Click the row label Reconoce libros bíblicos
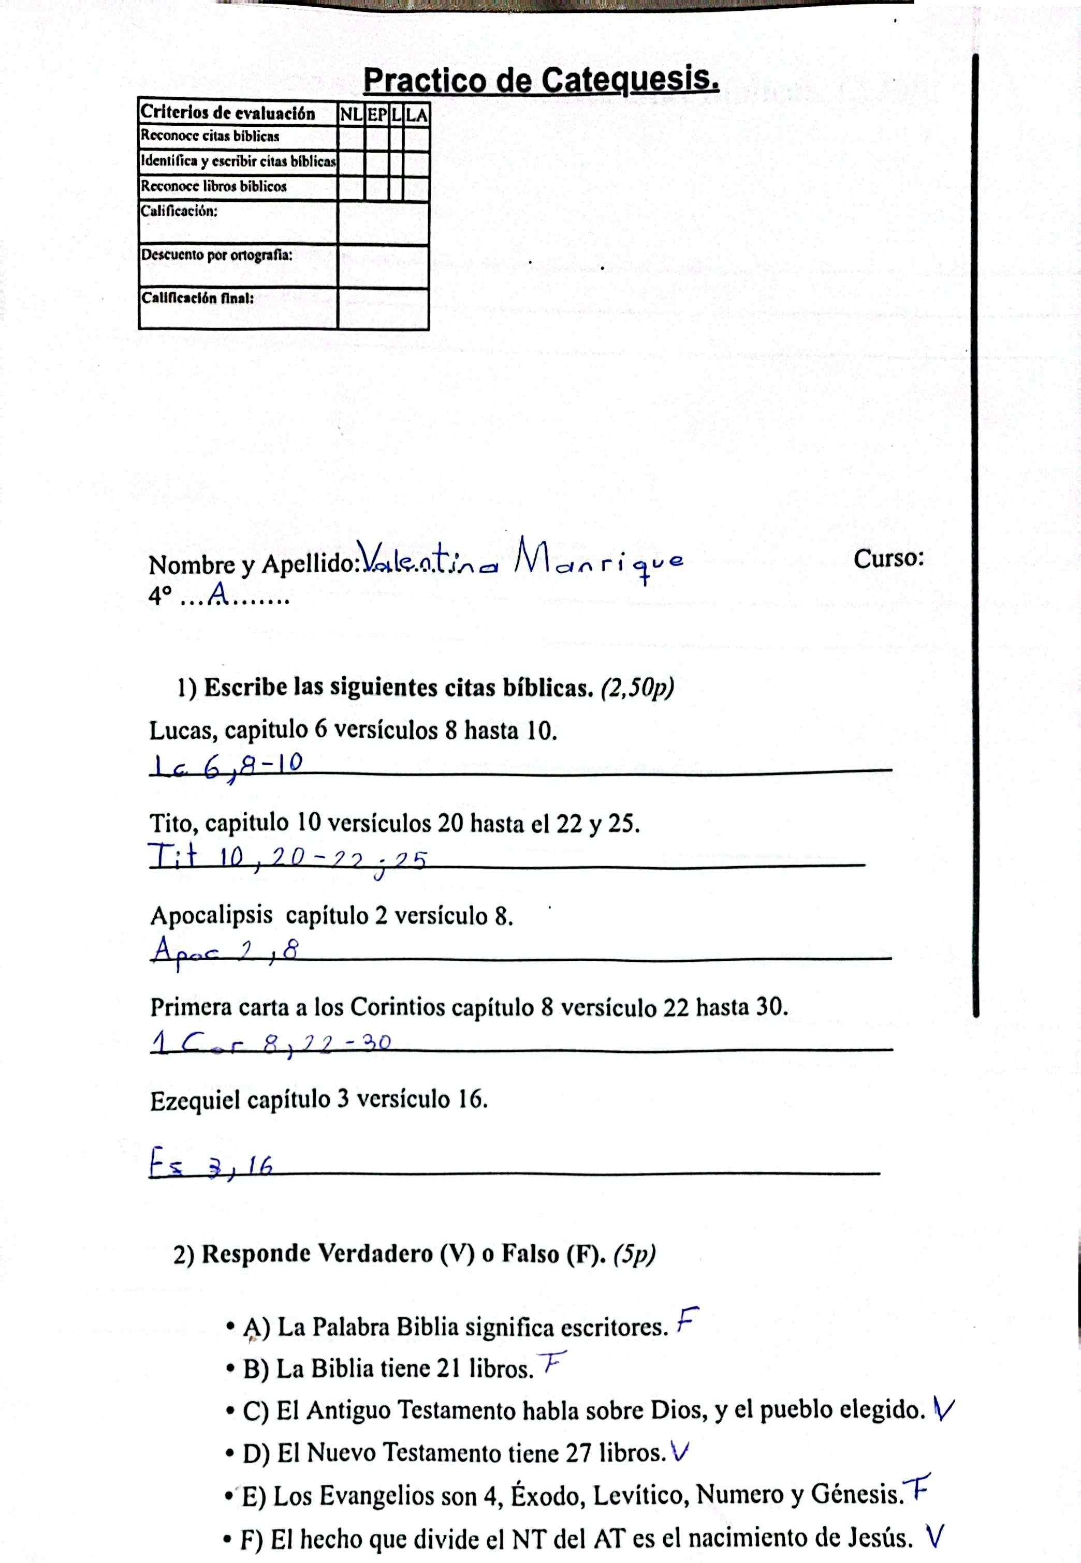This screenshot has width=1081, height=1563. (213, 186)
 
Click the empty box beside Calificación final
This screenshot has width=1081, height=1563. (383, 309)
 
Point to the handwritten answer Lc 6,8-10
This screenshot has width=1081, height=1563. (227, 766)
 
